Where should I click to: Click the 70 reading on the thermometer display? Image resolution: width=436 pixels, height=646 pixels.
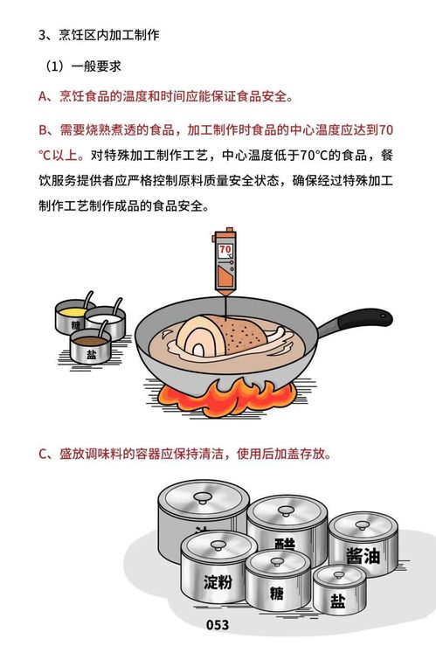click(225, 249)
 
